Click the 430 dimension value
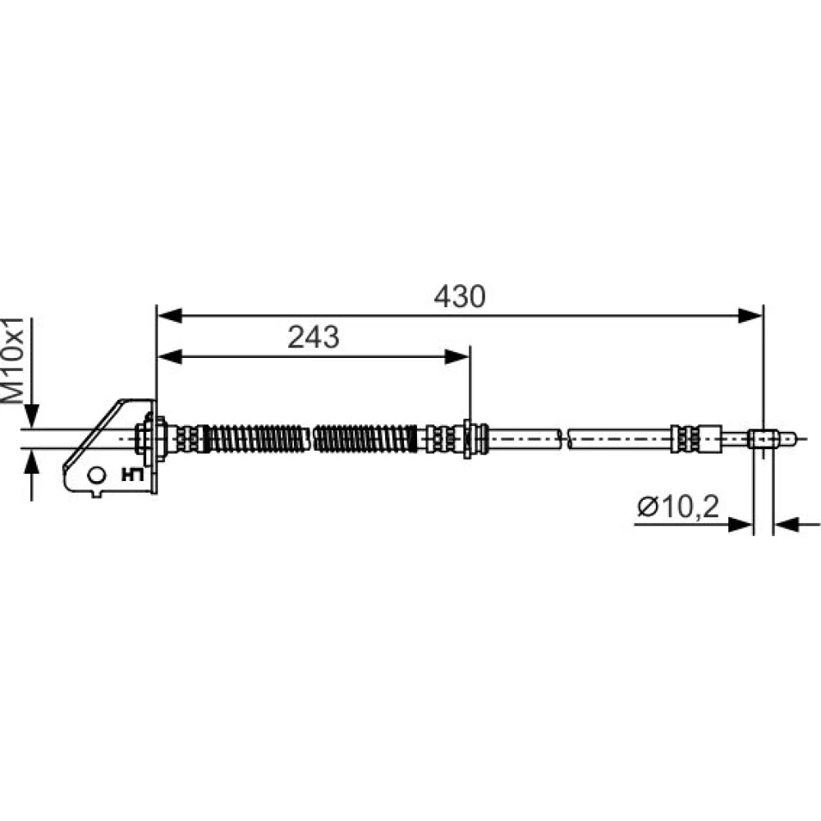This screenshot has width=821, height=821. click(460, 296)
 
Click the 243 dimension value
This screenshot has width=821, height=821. click(313, 337)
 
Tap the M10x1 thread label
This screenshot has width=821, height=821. click(14, 360)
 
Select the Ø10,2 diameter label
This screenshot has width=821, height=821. click(678, 507)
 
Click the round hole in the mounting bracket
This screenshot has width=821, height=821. click(97, 475)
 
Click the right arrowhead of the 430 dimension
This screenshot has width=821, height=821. click(750, 316)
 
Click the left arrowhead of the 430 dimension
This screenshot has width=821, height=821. click(170, 316)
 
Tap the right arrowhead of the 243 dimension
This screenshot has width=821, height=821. click(456, 357)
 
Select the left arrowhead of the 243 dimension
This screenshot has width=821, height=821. click(170, 357)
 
